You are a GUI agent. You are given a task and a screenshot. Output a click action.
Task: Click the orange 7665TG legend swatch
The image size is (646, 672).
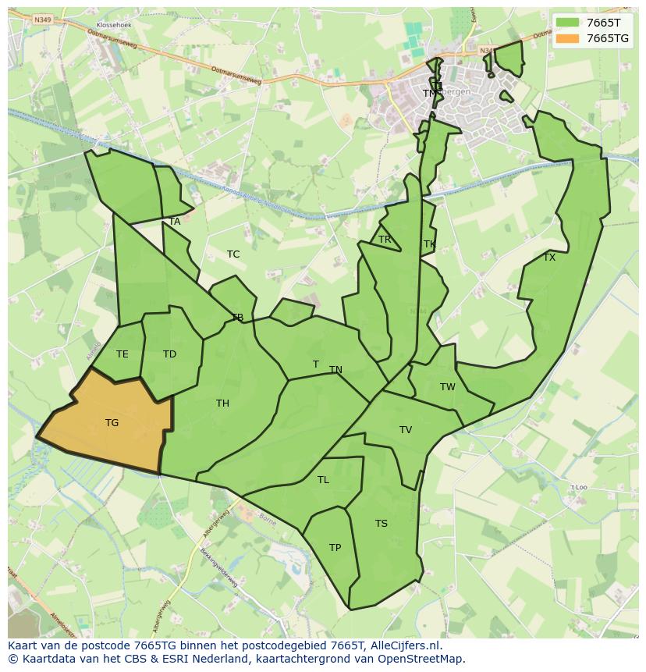[x=568, y=38]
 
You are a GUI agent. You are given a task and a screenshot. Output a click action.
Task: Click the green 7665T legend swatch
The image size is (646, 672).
[x=568, y=23]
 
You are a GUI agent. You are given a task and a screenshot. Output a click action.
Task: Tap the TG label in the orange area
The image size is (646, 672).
[x=112, y=423]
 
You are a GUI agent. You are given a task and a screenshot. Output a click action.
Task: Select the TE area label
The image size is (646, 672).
[x=122, y=354]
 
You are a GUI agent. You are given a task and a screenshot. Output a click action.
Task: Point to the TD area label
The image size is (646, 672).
[x=169, y=354]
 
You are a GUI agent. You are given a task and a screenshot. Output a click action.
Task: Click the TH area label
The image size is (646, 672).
[x=222, y=404]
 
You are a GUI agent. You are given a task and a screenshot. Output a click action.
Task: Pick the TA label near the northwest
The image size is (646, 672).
[x=175, y=222]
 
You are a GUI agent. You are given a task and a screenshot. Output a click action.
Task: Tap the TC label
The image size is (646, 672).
[x=233, y=254]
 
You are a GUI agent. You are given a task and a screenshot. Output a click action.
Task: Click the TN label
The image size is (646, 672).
[x=335, y=370]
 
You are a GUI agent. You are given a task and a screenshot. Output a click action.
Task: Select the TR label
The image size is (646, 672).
[x=385, y=240]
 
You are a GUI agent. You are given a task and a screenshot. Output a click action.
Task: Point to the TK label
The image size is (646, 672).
[x=429, y=244]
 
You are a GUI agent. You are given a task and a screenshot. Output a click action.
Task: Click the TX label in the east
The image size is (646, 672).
[x=549, y=258]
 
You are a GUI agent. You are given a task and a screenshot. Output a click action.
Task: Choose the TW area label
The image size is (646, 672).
[x=447, y=387]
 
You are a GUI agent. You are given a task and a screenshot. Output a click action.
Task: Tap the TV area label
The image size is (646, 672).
[x=406, y=430]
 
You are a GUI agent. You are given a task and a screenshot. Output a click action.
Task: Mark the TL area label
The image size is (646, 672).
[x=323, y=480]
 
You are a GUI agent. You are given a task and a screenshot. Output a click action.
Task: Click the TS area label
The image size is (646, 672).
[x=381, y=524]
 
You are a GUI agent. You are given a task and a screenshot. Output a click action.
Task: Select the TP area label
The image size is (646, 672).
[x=335, y=548]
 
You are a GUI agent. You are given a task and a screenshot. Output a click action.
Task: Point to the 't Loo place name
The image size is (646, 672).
[x=578, y=487]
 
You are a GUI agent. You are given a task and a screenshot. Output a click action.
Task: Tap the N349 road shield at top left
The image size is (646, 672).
[x=42, y=20]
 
